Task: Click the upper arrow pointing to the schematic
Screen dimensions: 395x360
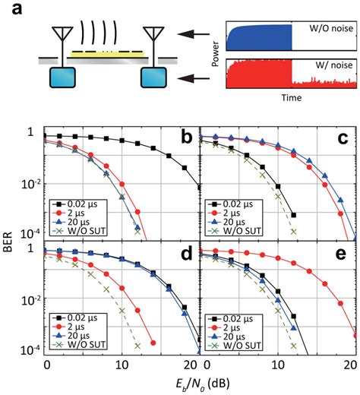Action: coord(201,33)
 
